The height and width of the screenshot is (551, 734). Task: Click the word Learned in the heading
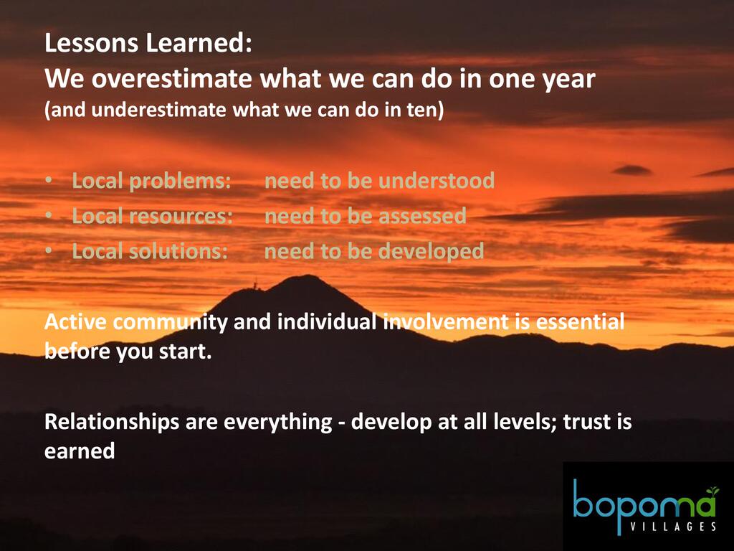point(199,42)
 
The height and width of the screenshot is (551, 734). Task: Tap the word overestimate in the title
point(171,78)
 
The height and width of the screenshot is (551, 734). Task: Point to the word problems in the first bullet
point(180,182)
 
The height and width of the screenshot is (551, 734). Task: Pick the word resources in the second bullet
point(181,217)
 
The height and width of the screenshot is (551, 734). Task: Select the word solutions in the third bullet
point(178,252)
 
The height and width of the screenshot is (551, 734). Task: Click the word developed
point(431,252)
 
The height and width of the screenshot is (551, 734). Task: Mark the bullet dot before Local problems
point(49,180)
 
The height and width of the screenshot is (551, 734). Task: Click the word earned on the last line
point(80,451)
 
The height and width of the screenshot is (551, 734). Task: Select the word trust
point(587,422)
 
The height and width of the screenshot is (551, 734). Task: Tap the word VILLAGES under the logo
point(673,526)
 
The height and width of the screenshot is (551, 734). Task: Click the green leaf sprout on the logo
point(712,491)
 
